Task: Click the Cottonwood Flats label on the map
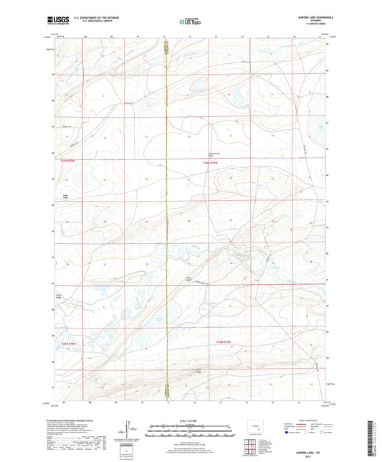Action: click(214, 154)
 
